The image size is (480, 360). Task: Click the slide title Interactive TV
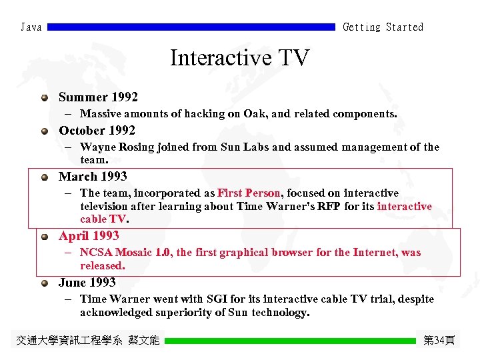pyautogui.click(x=240, y=58)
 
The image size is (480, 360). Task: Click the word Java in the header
pyautogui.click(x=31, y=27)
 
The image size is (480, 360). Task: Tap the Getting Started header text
pyautogui.click(x=383, y=27)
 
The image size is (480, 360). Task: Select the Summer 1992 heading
pyautogui.click(x=98, y=97)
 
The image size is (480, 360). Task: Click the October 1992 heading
pyautogui.click(x=97, y=130)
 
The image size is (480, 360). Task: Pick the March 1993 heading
pyautogui.click(x=93, y=177)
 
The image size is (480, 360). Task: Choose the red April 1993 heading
pyautogui.click(x=89, y=235)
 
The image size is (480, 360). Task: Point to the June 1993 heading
pyautogui.click(x=87, y=282)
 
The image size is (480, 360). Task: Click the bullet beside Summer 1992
pyautogui.click(x=45, y=98)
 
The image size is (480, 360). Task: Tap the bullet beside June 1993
pyautogui.click(x=45, y=283)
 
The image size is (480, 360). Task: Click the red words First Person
pyautogui.click(x=249, y=193)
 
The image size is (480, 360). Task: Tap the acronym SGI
pyautogui.click(x=219, y=299)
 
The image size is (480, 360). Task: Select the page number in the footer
pyautogui.click(x=439, y=341)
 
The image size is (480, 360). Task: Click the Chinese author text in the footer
pyautogui.click(x=88, y=341)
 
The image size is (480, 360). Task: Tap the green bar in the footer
pyautogui.click(x=290, y=341)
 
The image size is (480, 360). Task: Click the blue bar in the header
pyautogui.click(x=191, y=27)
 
